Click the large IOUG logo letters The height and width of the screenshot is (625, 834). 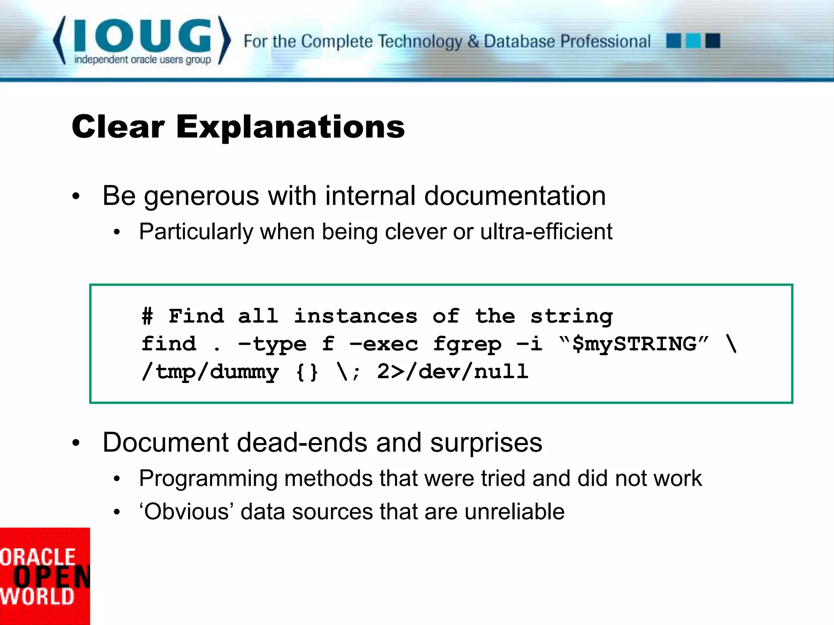143,36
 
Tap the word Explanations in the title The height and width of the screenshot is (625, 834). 290,127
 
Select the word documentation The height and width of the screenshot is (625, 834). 515,196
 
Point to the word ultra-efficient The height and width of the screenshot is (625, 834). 546,232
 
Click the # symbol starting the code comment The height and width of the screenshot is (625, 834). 147,317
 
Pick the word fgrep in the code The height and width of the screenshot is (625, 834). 467,344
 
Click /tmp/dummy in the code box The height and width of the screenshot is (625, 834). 210,372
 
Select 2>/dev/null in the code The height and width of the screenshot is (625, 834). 452,372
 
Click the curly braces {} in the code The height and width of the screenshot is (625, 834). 307,372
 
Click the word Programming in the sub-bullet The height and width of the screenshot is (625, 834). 208,479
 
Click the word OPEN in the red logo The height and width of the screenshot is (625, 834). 51,577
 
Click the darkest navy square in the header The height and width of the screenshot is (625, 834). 713,41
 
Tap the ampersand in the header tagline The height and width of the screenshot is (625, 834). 473,42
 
